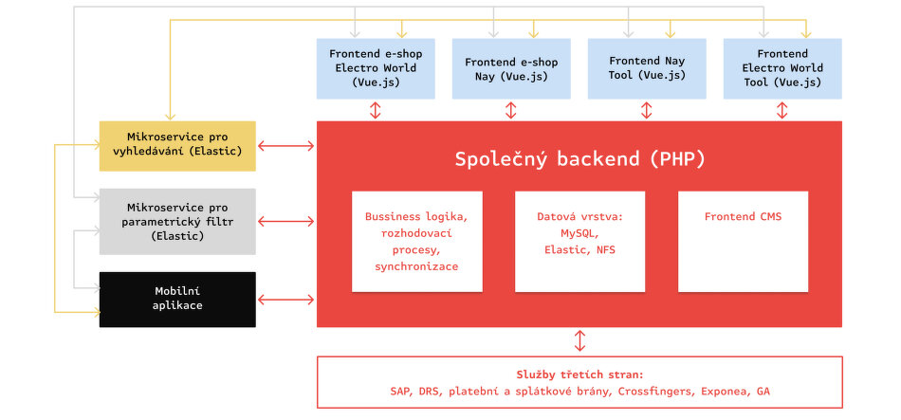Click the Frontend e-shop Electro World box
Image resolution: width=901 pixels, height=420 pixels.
pos(376,68)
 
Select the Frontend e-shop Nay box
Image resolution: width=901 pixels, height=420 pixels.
pos(511,68)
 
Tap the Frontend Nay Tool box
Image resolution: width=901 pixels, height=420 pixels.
pos(647,68)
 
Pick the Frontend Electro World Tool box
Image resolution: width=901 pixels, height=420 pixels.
pos(782,68)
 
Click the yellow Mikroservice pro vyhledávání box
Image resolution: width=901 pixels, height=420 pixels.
pos(177,146)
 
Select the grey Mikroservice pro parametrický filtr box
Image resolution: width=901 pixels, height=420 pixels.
pos(177,221)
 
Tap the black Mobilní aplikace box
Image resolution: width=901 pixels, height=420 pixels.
pos(177,300)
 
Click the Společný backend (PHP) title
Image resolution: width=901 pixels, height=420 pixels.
pos(579,159)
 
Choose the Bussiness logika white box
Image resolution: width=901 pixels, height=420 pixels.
pos(417,242)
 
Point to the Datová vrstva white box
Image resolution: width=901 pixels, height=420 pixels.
pos(579,242)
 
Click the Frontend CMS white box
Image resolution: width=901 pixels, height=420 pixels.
pos(743,242)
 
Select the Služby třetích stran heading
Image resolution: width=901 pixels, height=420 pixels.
pos(579,375)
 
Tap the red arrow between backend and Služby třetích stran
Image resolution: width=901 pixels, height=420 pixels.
pos(579,340)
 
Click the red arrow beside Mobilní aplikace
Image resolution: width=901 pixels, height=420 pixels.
pos(286,300)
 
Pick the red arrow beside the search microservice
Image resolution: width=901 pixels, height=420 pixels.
pos(286,146)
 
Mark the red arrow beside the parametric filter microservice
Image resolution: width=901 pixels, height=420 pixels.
pos(286,221)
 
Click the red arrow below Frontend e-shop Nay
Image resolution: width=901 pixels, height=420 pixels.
pos(511,110)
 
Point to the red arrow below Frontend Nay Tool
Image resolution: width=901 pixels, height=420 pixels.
pos(647,110)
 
